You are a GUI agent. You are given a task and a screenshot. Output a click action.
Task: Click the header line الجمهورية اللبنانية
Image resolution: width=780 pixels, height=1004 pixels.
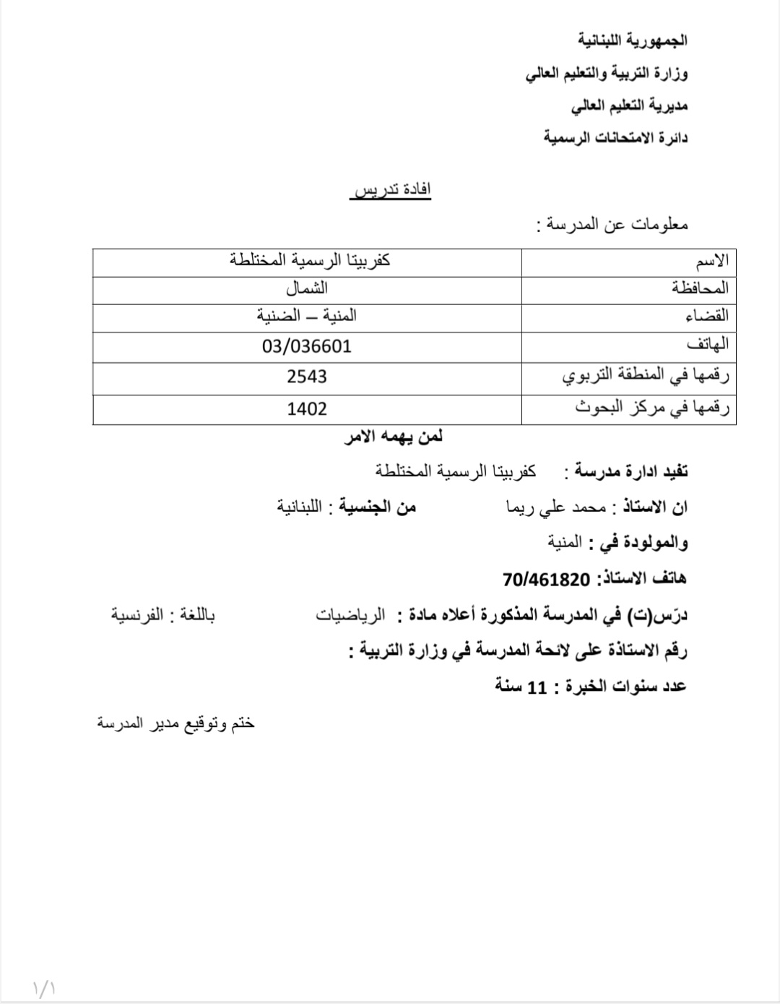[633, 40]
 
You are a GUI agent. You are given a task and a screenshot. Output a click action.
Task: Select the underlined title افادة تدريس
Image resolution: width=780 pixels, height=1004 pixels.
[391, 189]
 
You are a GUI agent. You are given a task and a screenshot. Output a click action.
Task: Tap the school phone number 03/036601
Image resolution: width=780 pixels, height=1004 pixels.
[307, 346]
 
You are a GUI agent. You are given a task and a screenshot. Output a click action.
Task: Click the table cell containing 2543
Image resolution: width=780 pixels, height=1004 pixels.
[307, 377]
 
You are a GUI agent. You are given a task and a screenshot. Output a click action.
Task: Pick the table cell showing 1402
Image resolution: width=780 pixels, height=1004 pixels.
[307, 409]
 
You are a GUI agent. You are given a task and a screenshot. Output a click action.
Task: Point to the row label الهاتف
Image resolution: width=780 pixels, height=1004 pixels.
[707, 345]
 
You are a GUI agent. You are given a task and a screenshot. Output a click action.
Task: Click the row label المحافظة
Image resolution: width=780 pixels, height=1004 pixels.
[700, 288]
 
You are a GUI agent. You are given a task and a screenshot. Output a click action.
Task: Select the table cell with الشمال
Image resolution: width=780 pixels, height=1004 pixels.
[307, 288]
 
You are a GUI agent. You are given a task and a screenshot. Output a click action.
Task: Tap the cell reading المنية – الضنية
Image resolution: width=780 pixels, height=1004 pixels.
[307, 316]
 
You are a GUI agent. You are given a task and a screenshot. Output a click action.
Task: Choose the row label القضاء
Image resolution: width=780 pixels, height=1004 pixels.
[706, 316]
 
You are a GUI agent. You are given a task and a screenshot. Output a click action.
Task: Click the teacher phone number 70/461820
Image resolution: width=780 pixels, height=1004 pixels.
[546, 579]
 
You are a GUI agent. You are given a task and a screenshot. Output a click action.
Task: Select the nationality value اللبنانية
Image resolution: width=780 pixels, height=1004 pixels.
[299, 506]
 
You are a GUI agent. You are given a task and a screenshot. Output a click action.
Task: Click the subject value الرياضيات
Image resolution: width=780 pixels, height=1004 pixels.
[350, 616]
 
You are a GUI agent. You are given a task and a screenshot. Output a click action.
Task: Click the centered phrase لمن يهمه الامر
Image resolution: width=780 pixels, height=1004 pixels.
[394, 437]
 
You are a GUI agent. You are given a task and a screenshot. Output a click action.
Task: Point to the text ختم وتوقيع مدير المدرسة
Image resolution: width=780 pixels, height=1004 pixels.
[176, 723]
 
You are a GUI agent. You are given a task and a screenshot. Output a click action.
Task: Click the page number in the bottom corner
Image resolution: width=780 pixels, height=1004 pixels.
[45, 987]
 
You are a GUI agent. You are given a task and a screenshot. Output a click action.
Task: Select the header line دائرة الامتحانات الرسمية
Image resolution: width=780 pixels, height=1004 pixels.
[616, 137]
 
